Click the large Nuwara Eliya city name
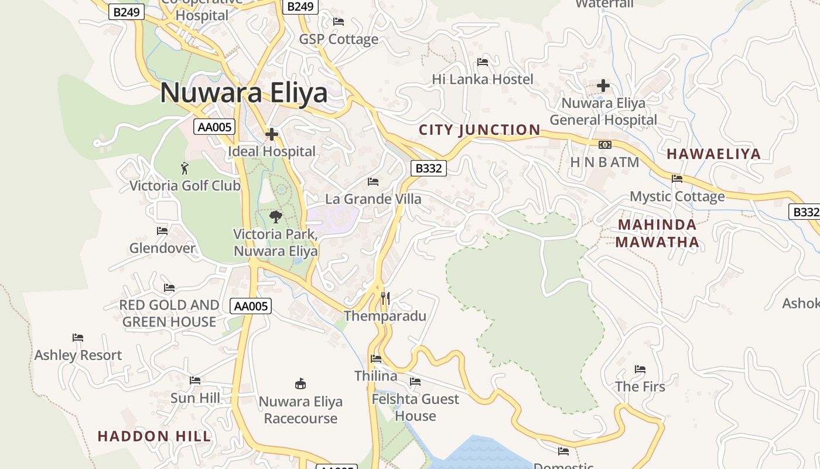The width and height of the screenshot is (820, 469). click(244, 93)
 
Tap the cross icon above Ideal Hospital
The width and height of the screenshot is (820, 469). click(272, 135)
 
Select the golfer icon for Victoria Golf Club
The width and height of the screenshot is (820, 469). click(185, 168)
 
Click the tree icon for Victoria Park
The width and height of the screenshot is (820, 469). click(276, 217)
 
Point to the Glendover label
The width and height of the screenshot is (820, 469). click(162, 248)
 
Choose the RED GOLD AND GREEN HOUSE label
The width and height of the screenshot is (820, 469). click(169, 313)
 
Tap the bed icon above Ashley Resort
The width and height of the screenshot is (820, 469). click(78, 338)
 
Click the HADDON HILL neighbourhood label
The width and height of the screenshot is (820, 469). click(154, 436)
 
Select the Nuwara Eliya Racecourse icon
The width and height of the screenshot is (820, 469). click(300, 384)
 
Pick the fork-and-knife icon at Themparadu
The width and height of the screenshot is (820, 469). click(385, 298)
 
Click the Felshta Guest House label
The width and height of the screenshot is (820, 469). click(415, 407)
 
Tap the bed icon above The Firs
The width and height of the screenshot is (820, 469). click(640, 369)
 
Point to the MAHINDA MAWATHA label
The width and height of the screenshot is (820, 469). click(657, 233)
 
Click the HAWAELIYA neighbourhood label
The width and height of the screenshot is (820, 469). click(713, 154)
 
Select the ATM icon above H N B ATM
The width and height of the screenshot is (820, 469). click(604, 145)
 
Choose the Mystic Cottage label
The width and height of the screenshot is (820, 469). click(677, 196)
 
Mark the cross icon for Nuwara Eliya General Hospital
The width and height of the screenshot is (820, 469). click(603, 86)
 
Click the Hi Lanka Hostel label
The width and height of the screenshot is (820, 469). click(483, 79)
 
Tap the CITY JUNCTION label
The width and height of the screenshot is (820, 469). click(480, 130)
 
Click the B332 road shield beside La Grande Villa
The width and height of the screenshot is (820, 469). click(428, 168)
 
